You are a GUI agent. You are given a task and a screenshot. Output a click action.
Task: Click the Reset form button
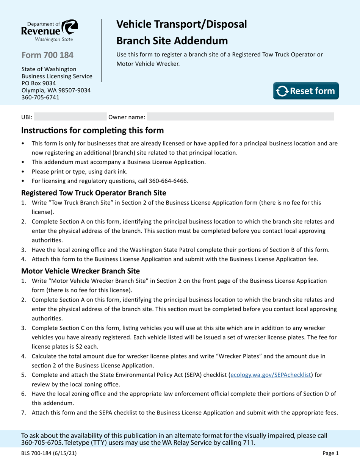click(x=306, y=91)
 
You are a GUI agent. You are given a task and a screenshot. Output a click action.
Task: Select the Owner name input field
click(x=240, y=117)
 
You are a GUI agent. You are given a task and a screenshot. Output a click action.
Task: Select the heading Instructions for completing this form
click(x=92, y=131)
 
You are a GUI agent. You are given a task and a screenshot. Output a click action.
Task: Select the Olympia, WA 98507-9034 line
click(x=56, y=90)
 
